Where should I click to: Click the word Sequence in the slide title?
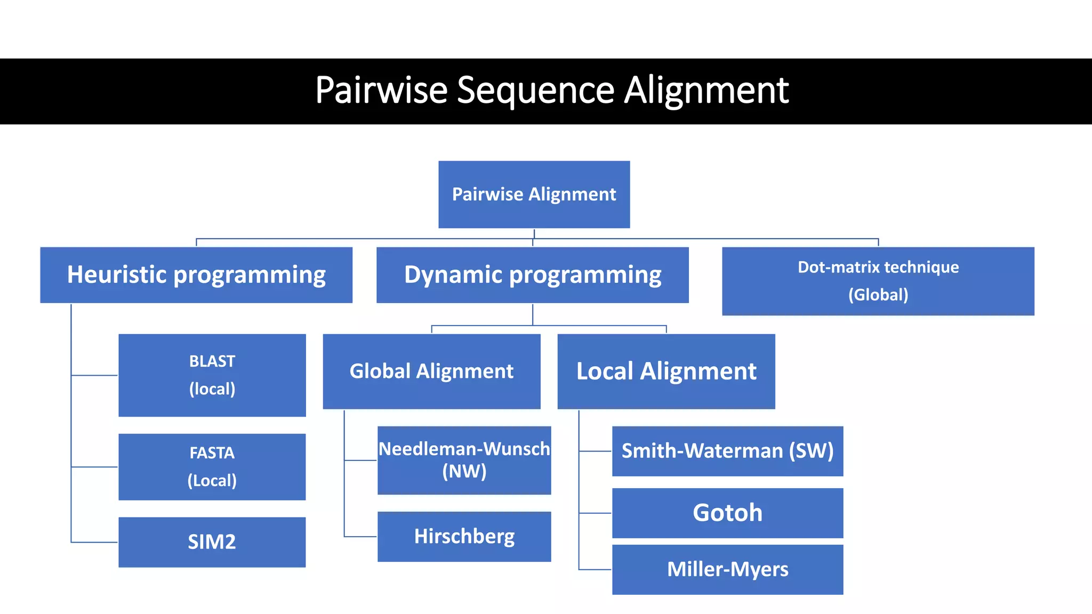click(x=535, y=90)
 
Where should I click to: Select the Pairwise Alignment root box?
click(x=534, y=194)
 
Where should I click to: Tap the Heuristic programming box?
click(x=196, y=274)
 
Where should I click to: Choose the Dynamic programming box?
click(x=532, y=274)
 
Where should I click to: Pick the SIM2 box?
click(x=212, y=542)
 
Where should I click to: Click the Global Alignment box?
click(x=431, y=371)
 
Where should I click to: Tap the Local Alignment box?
click(x=666, y=371)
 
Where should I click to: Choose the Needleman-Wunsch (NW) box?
click(x=464, y=460)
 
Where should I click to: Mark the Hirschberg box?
click(x=464, y=536)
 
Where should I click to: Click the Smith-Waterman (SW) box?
click(x=727, y=451)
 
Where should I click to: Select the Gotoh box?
click(x=727, y=513)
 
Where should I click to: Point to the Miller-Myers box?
click(x=727, y=569)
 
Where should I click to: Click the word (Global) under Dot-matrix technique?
click(x=878, y=295)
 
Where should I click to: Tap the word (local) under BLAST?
click(x=212, y=389)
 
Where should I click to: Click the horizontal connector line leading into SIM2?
click(x=94, y=542)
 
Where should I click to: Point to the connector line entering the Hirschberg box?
click(x=360, y=536)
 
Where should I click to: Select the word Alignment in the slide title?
click(x=706, y=90)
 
